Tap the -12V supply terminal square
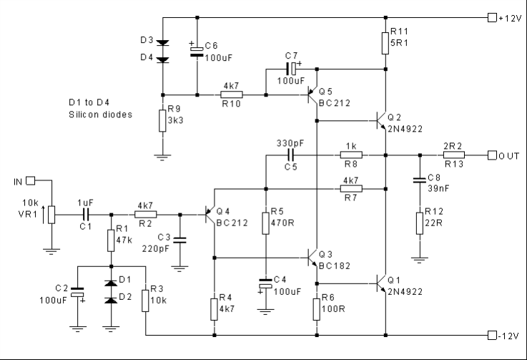[491, 335]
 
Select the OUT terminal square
[491, 155]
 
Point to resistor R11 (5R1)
[386, 42]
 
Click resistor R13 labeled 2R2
[454, 155]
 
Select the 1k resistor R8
[351, 155]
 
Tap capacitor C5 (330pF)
[291, 155]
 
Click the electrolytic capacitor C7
[291, 69]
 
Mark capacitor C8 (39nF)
[420, 181]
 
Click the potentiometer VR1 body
[51, 213]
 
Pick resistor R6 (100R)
[317, 309]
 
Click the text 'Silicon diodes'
[100, 114]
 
